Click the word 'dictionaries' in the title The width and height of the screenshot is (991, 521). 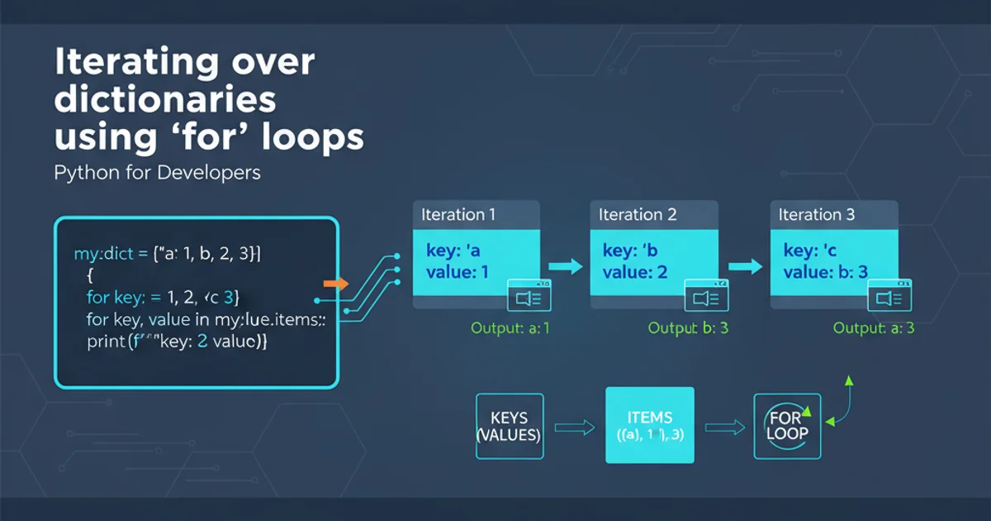click(x=165, y=100)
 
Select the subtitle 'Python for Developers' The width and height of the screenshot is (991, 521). click(x=157, y=173)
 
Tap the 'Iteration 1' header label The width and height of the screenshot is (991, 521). click(x=458, y=215)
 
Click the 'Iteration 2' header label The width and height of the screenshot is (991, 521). click(x=638, y=215)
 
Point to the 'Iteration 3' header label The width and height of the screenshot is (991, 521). click(x=816, y=215)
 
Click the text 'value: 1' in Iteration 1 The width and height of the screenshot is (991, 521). click(x=458, y=272)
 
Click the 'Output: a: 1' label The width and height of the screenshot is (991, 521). click(x=510, y=328)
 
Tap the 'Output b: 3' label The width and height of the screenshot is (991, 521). click(x=688, y=328)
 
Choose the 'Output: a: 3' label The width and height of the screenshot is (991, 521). click(x=873, y=328)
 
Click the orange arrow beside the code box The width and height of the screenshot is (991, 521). click(x=334, y=284)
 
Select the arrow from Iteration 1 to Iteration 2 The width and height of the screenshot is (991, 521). click(x=566, y=266)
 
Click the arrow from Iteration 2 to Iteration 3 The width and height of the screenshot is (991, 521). click(x=745, y=266)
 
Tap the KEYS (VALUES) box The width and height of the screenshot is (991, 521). click(x=509, y=426)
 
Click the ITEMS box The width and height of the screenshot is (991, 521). click(x=650, y=426)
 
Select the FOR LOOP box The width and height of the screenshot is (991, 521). click(x=787, y=426)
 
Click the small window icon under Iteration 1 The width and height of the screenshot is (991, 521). click(x=529, y=295)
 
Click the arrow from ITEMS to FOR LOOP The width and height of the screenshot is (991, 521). click(x=723, y=427)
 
